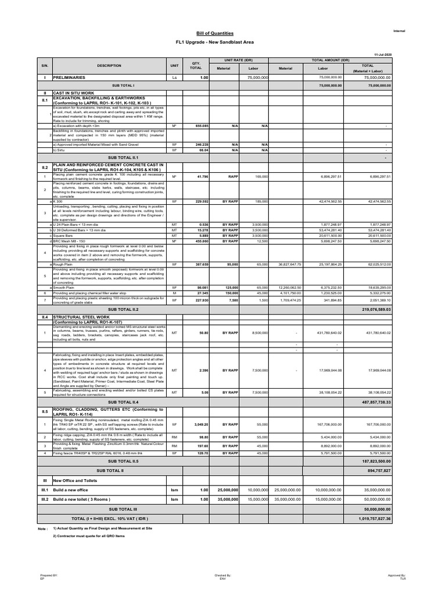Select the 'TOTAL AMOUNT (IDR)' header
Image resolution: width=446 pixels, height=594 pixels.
click(x=330, y=60)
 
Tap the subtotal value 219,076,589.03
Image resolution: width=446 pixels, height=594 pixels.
click(x=376, y=310)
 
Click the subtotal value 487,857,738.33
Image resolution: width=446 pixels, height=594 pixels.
click(x=376, y=401)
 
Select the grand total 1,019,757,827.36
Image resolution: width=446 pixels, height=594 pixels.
click(x=375, y=518)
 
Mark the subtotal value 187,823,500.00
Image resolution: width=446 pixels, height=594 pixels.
click(x=376, y=461)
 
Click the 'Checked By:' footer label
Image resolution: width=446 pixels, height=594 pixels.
click(x=223, y=575)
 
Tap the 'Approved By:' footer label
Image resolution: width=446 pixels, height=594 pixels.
click(x=398, y=575)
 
